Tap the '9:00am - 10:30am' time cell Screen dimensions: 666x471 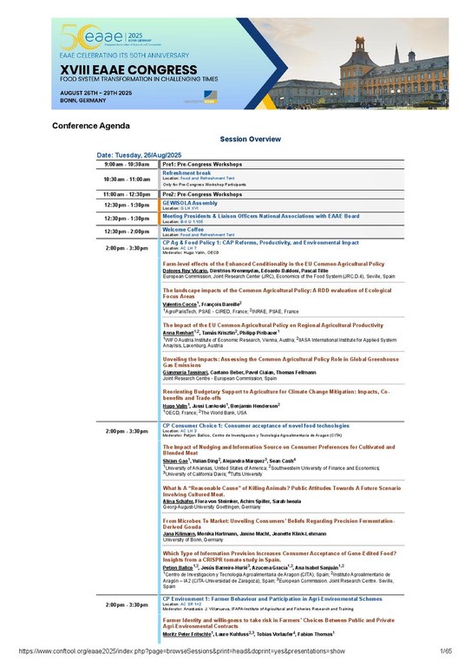click(127, 163)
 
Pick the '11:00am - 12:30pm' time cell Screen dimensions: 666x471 click(127, 194)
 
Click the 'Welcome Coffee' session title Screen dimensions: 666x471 click(186, 229)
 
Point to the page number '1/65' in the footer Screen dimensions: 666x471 click(446, 650)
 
